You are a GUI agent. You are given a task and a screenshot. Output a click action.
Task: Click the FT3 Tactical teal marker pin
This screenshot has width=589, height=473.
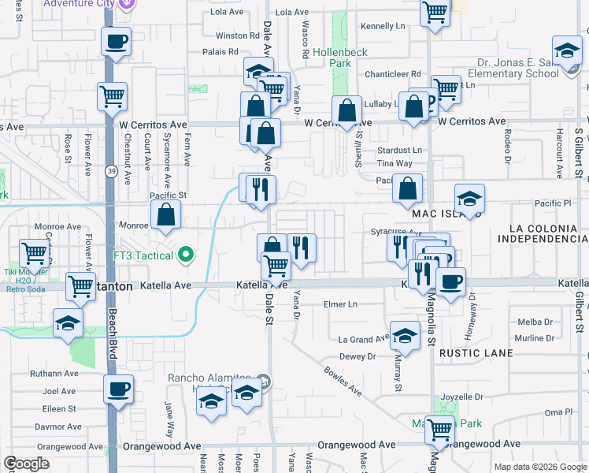[x=186, y=254]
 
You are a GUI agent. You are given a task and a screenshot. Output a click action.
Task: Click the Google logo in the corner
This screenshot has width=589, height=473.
[x=26, y=463]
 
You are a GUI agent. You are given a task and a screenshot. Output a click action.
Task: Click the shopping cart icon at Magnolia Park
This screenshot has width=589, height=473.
[x=439, y=430]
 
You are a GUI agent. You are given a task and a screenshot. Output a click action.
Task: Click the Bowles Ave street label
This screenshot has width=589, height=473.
[x=344, y=380]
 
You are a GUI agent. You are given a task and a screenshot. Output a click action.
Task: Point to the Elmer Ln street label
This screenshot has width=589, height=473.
[x=340, y=304]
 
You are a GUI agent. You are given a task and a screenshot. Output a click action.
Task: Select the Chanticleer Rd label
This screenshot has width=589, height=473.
[x=393, y=74]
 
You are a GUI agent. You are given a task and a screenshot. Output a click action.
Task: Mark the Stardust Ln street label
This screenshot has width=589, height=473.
[x=399, y=149]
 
